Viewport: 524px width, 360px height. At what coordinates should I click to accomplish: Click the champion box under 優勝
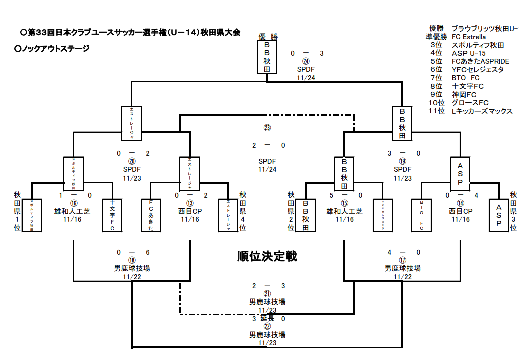[267, 57]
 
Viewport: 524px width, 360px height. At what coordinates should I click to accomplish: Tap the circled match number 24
[306, 61]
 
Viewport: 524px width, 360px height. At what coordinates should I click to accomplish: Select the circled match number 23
[267, 128]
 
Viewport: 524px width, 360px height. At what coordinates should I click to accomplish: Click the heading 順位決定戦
[267, 257]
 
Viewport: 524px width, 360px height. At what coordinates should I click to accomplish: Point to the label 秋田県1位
[18, 211]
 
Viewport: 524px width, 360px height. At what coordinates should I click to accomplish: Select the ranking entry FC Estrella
[468, 37]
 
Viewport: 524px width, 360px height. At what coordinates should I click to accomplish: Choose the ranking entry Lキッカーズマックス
[482, 111]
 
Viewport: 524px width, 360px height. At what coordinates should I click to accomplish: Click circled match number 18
[132, 260]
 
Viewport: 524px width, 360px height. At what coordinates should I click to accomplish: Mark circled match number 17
[403, 260]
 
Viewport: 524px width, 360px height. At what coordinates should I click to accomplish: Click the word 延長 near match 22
[267, 318]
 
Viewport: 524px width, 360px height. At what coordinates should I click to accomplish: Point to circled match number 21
[267, 294]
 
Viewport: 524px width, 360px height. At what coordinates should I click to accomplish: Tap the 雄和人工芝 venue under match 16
[72, 211]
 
